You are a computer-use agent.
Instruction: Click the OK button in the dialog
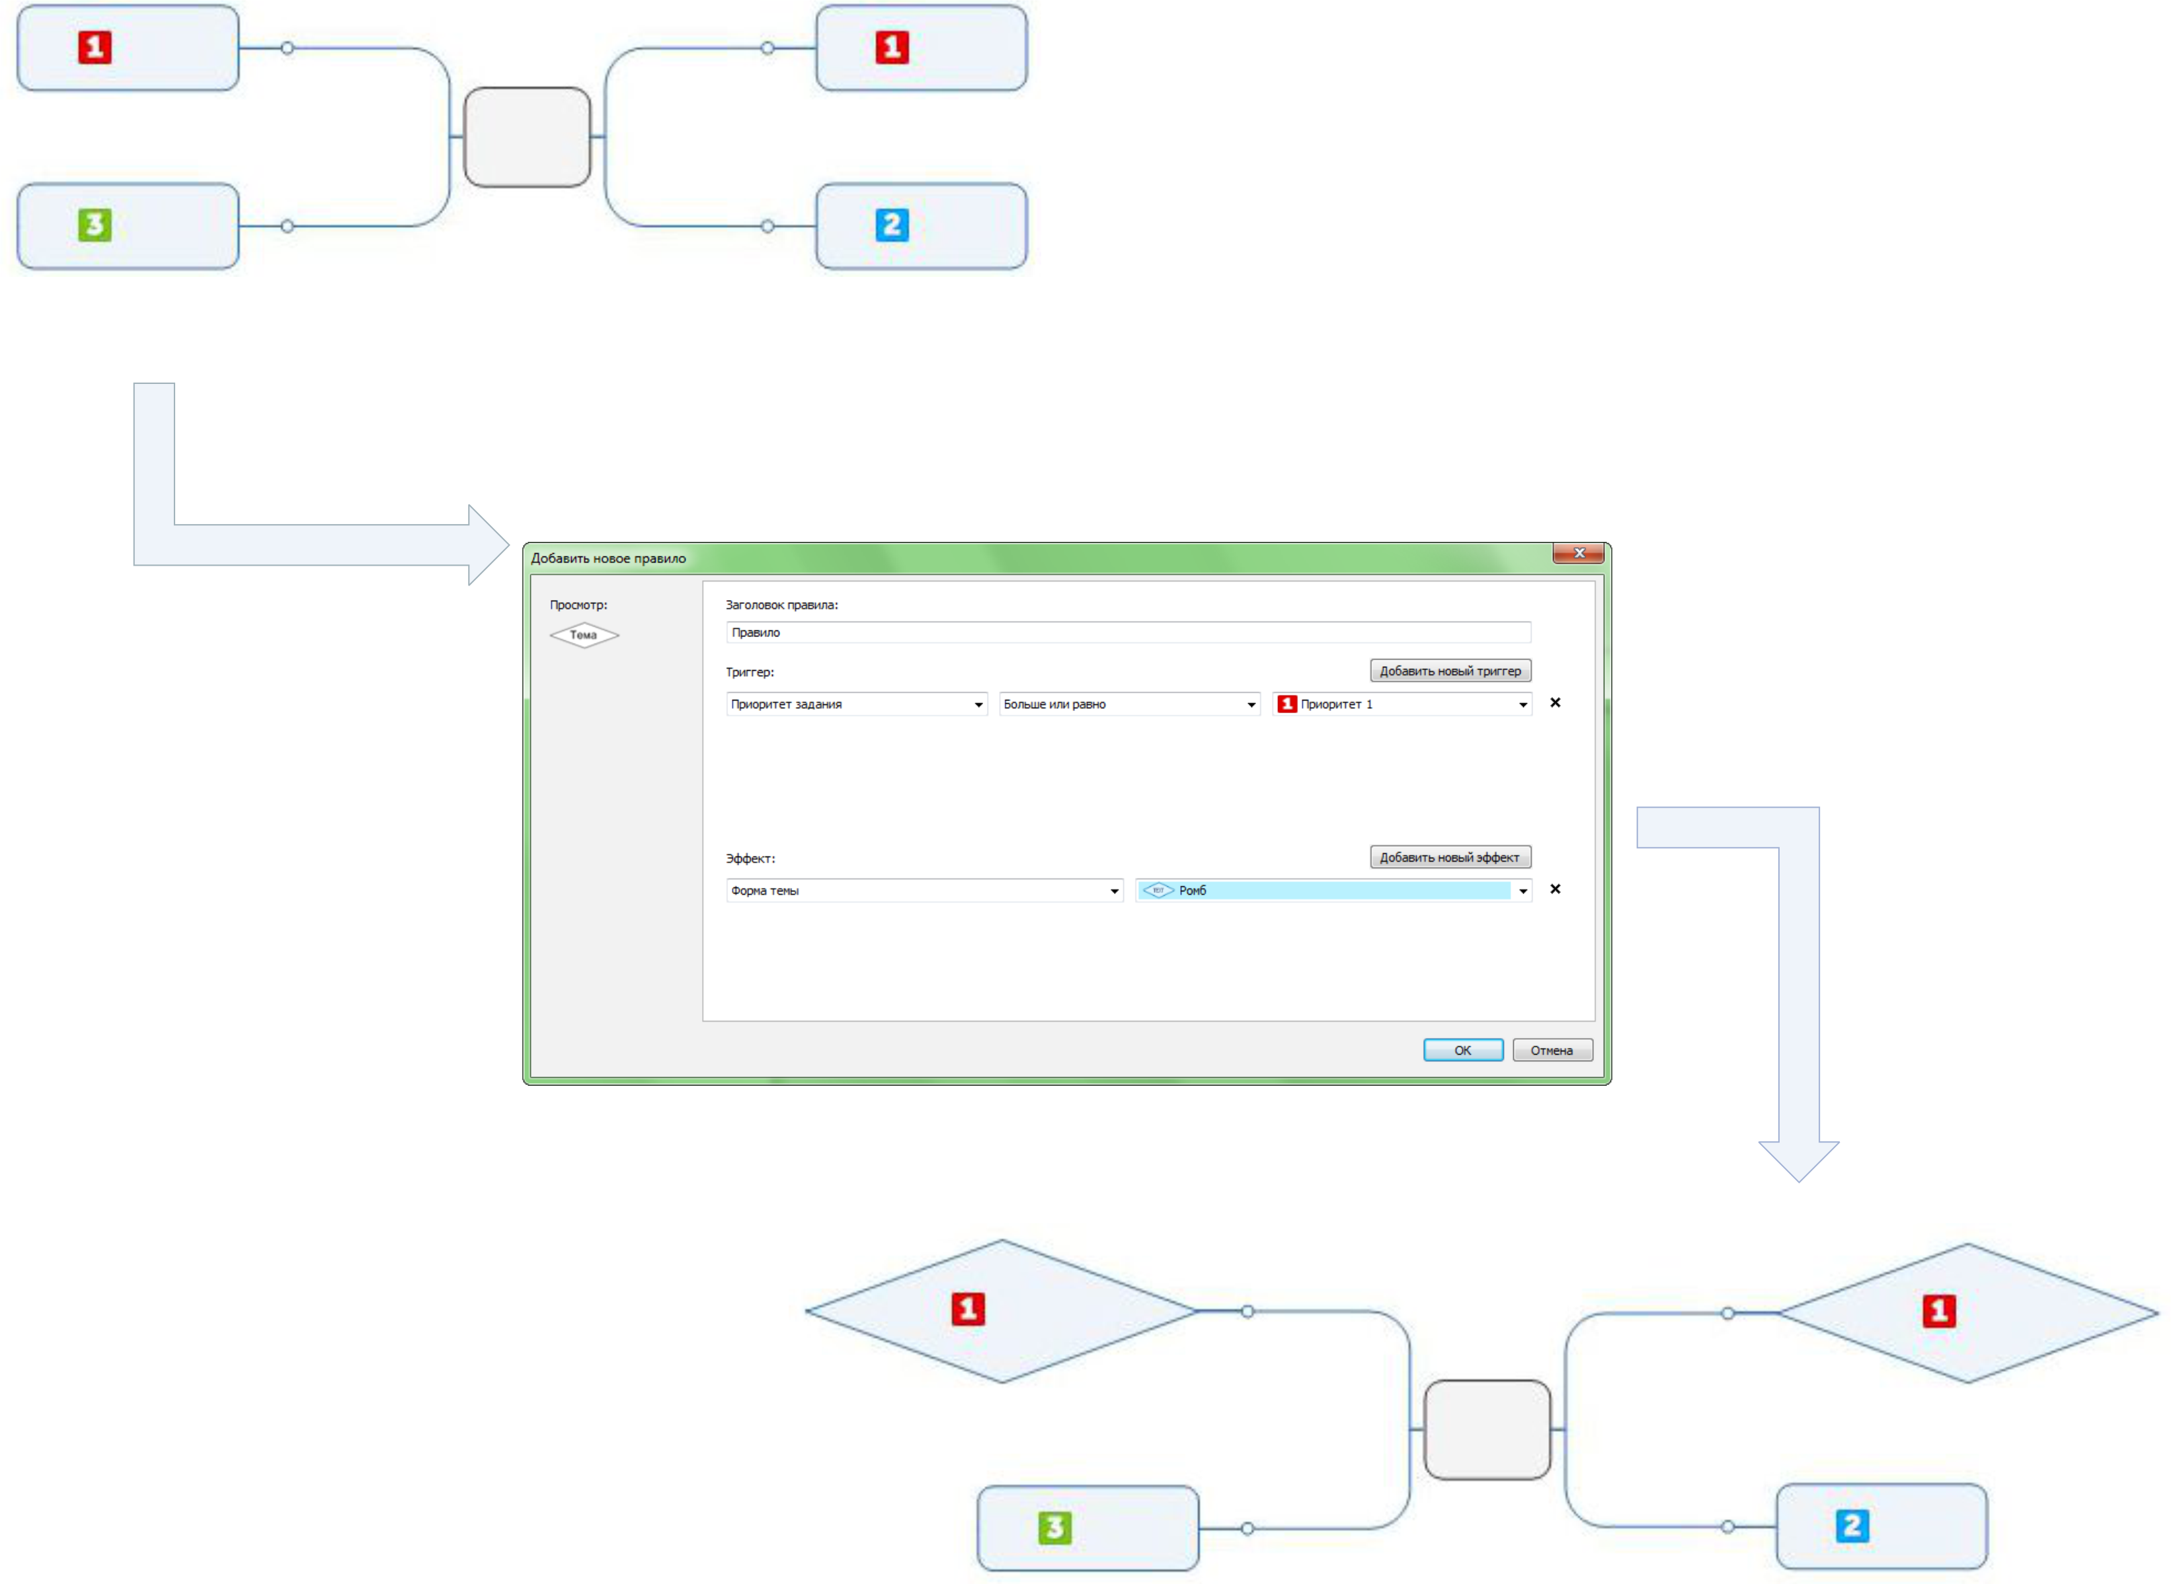[1462, 1050]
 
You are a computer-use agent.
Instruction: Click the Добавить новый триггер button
[1449, 670]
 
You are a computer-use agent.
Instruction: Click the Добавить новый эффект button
[1449, 856]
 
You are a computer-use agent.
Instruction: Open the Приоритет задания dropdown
[856, 704]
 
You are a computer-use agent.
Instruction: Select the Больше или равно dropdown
[1128, 704]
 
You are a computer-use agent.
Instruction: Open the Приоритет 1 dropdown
[1401, 704]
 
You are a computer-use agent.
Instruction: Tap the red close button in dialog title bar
[1579, 553]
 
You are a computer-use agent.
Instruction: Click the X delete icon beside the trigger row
[1554, 703]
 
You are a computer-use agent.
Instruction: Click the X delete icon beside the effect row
[1554, 889]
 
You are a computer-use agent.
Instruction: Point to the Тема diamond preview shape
[584, 635]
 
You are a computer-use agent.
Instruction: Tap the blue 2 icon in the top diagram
[892, 225]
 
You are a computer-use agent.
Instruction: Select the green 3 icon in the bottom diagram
[1055, 1527]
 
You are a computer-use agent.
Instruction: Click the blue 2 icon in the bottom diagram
[1852, 1525]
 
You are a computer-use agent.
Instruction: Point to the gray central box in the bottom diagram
[1486, 1429]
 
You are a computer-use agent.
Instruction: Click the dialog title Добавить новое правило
[609, 558]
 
